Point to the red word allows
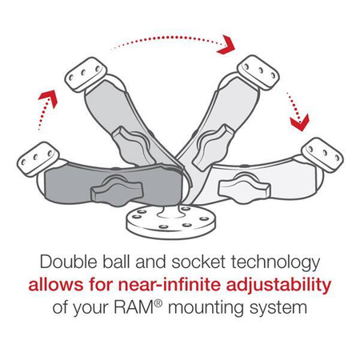(57, 284)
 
